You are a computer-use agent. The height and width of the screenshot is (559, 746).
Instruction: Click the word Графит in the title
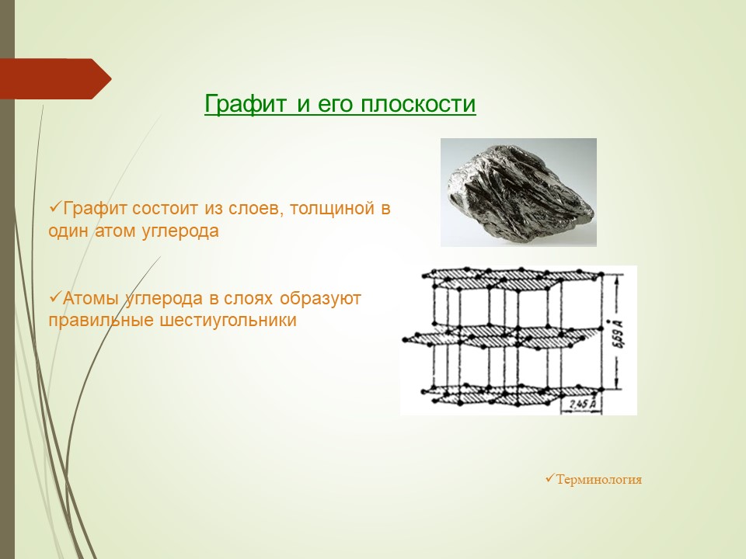point(246,103)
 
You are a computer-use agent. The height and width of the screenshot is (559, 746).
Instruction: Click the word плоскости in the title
point(418,103)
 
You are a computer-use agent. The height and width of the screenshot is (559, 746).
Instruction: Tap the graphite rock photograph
point(518,193)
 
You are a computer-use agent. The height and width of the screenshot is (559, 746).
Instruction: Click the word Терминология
point(599,479)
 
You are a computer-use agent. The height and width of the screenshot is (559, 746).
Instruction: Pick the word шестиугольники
point(228,321)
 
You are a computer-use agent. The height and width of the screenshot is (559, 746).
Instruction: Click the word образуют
point(320,299)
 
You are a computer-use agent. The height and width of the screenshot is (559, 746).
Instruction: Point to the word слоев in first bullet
point(256,209)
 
